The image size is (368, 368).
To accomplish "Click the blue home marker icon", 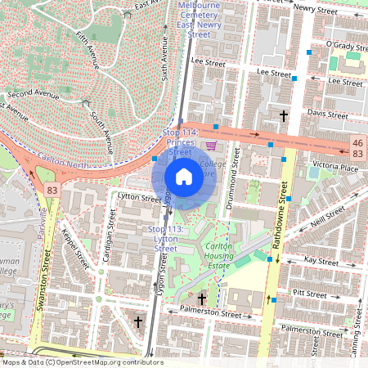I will pyautogui.click(x=184, y=176).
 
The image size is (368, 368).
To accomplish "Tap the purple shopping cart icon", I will pyautogui.click(x=211, y=146).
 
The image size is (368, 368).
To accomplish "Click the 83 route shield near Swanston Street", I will pyautogui.click(x=52, y=190).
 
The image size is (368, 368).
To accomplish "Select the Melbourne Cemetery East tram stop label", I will pyautogui.click(x=199, y=20).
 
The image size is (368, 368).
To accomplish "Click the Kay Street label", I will pyautogui.click(x=321, y=261).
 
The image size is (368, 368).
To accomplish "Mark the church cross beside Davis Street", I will pyautogui.click(x=284, y=116).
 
